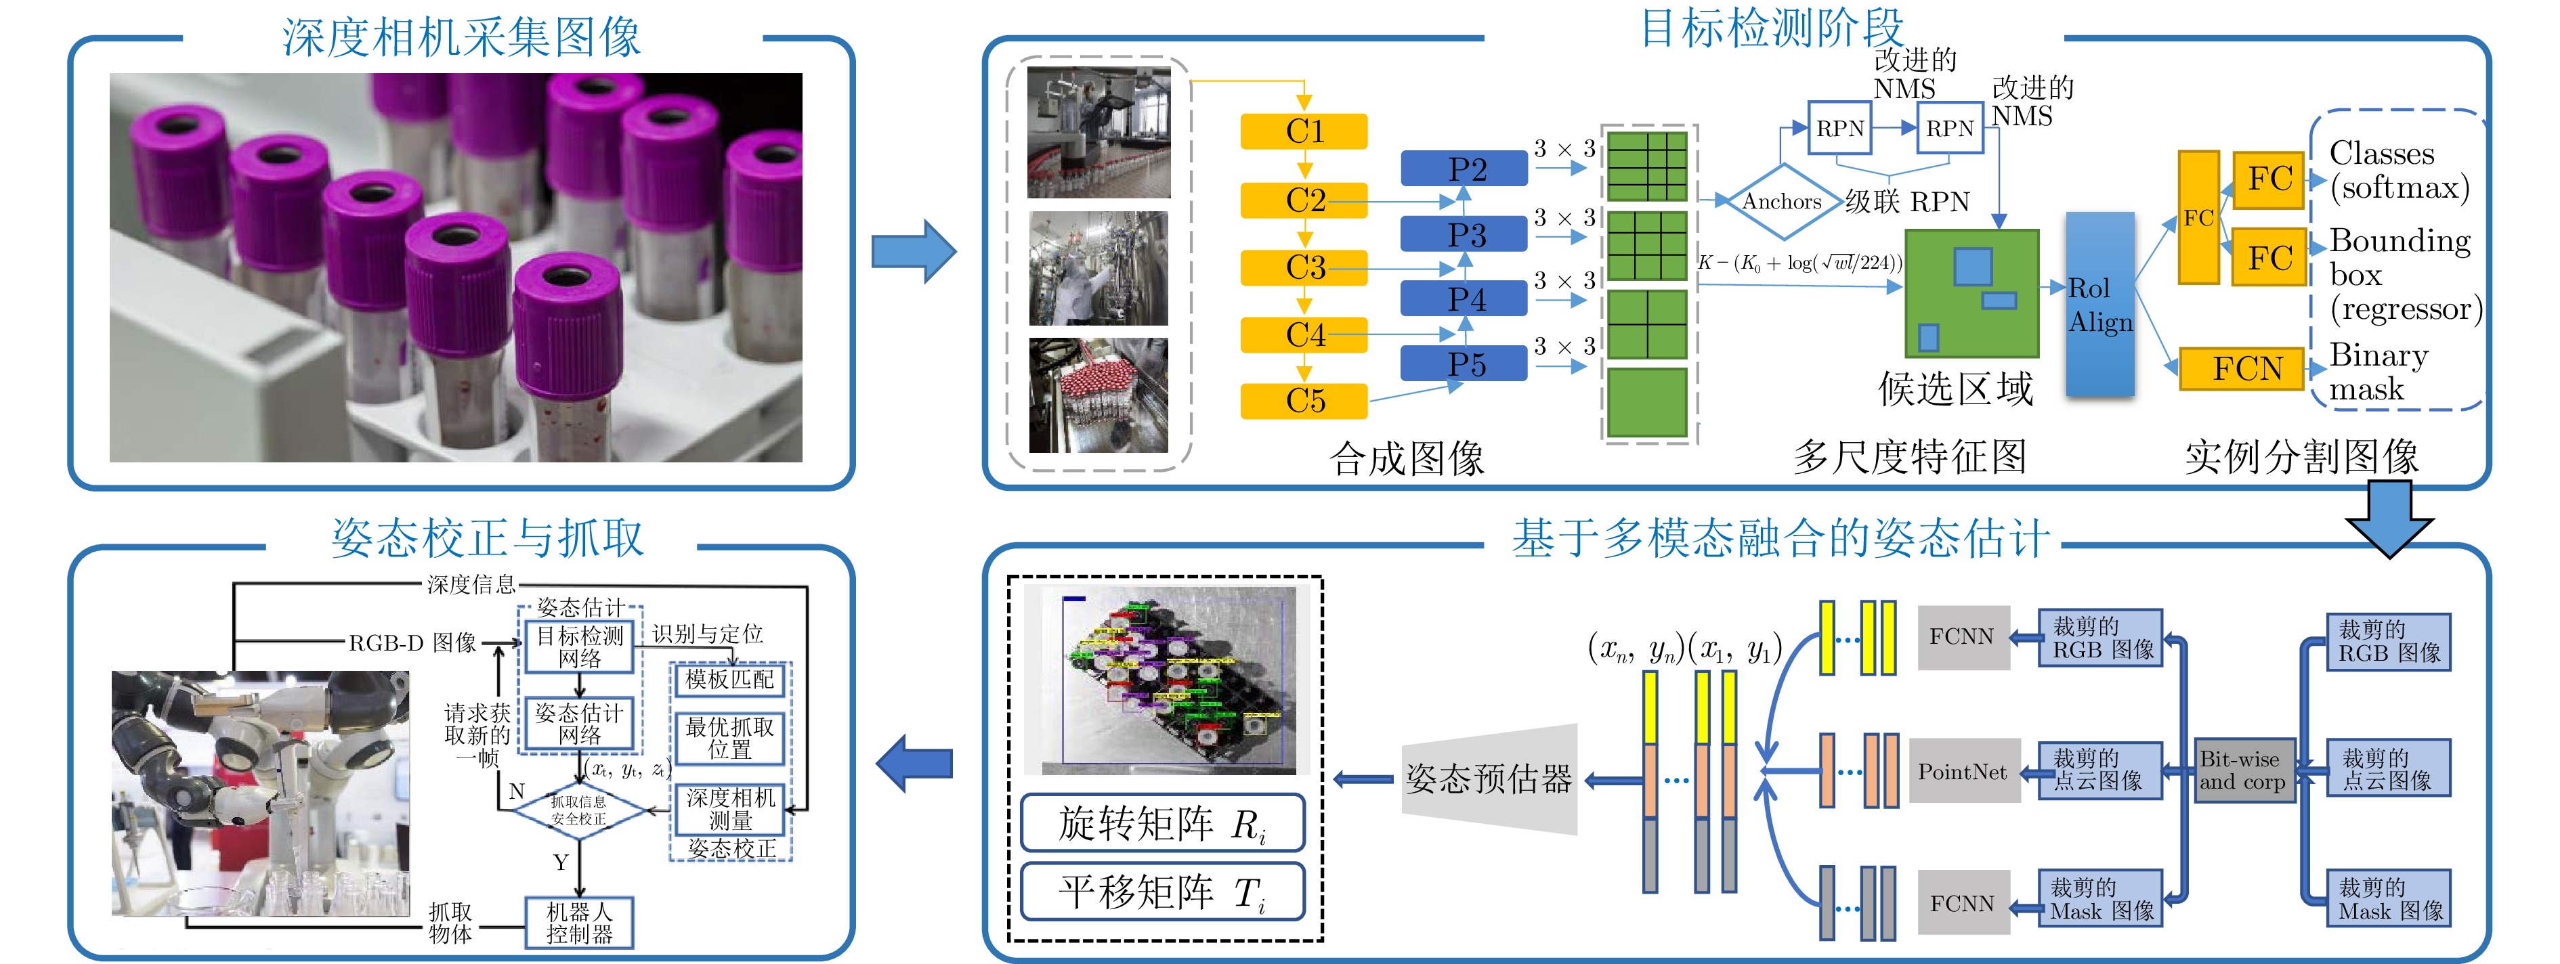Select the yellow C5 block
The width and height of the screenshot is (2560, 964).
click(x=1304, y=401)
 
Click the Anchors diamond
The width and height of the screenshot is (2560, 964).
click(x=1782, y=202)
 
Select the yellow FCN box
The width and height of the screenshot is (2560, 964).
click(x=2242, y=369)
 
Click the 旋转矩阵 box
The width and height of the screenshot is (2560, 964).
click(x=1161, y=824)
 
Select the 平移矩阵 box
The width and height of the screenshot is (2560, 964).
click(x=1161, y=892)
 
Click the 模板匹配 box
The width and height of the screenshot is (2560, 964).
click(x=729, y=680)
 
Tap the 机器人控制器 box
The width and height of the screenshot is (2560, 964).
click(x=579, y=922)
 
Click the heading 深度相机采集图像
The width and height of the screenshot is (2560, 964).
click(x=461, y=38)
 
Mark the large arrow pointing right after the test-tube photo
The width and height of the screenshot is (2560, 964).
click(x=912, y=251)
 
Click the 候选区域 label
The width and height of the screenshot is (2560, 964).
click(x=1955, y=389)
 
